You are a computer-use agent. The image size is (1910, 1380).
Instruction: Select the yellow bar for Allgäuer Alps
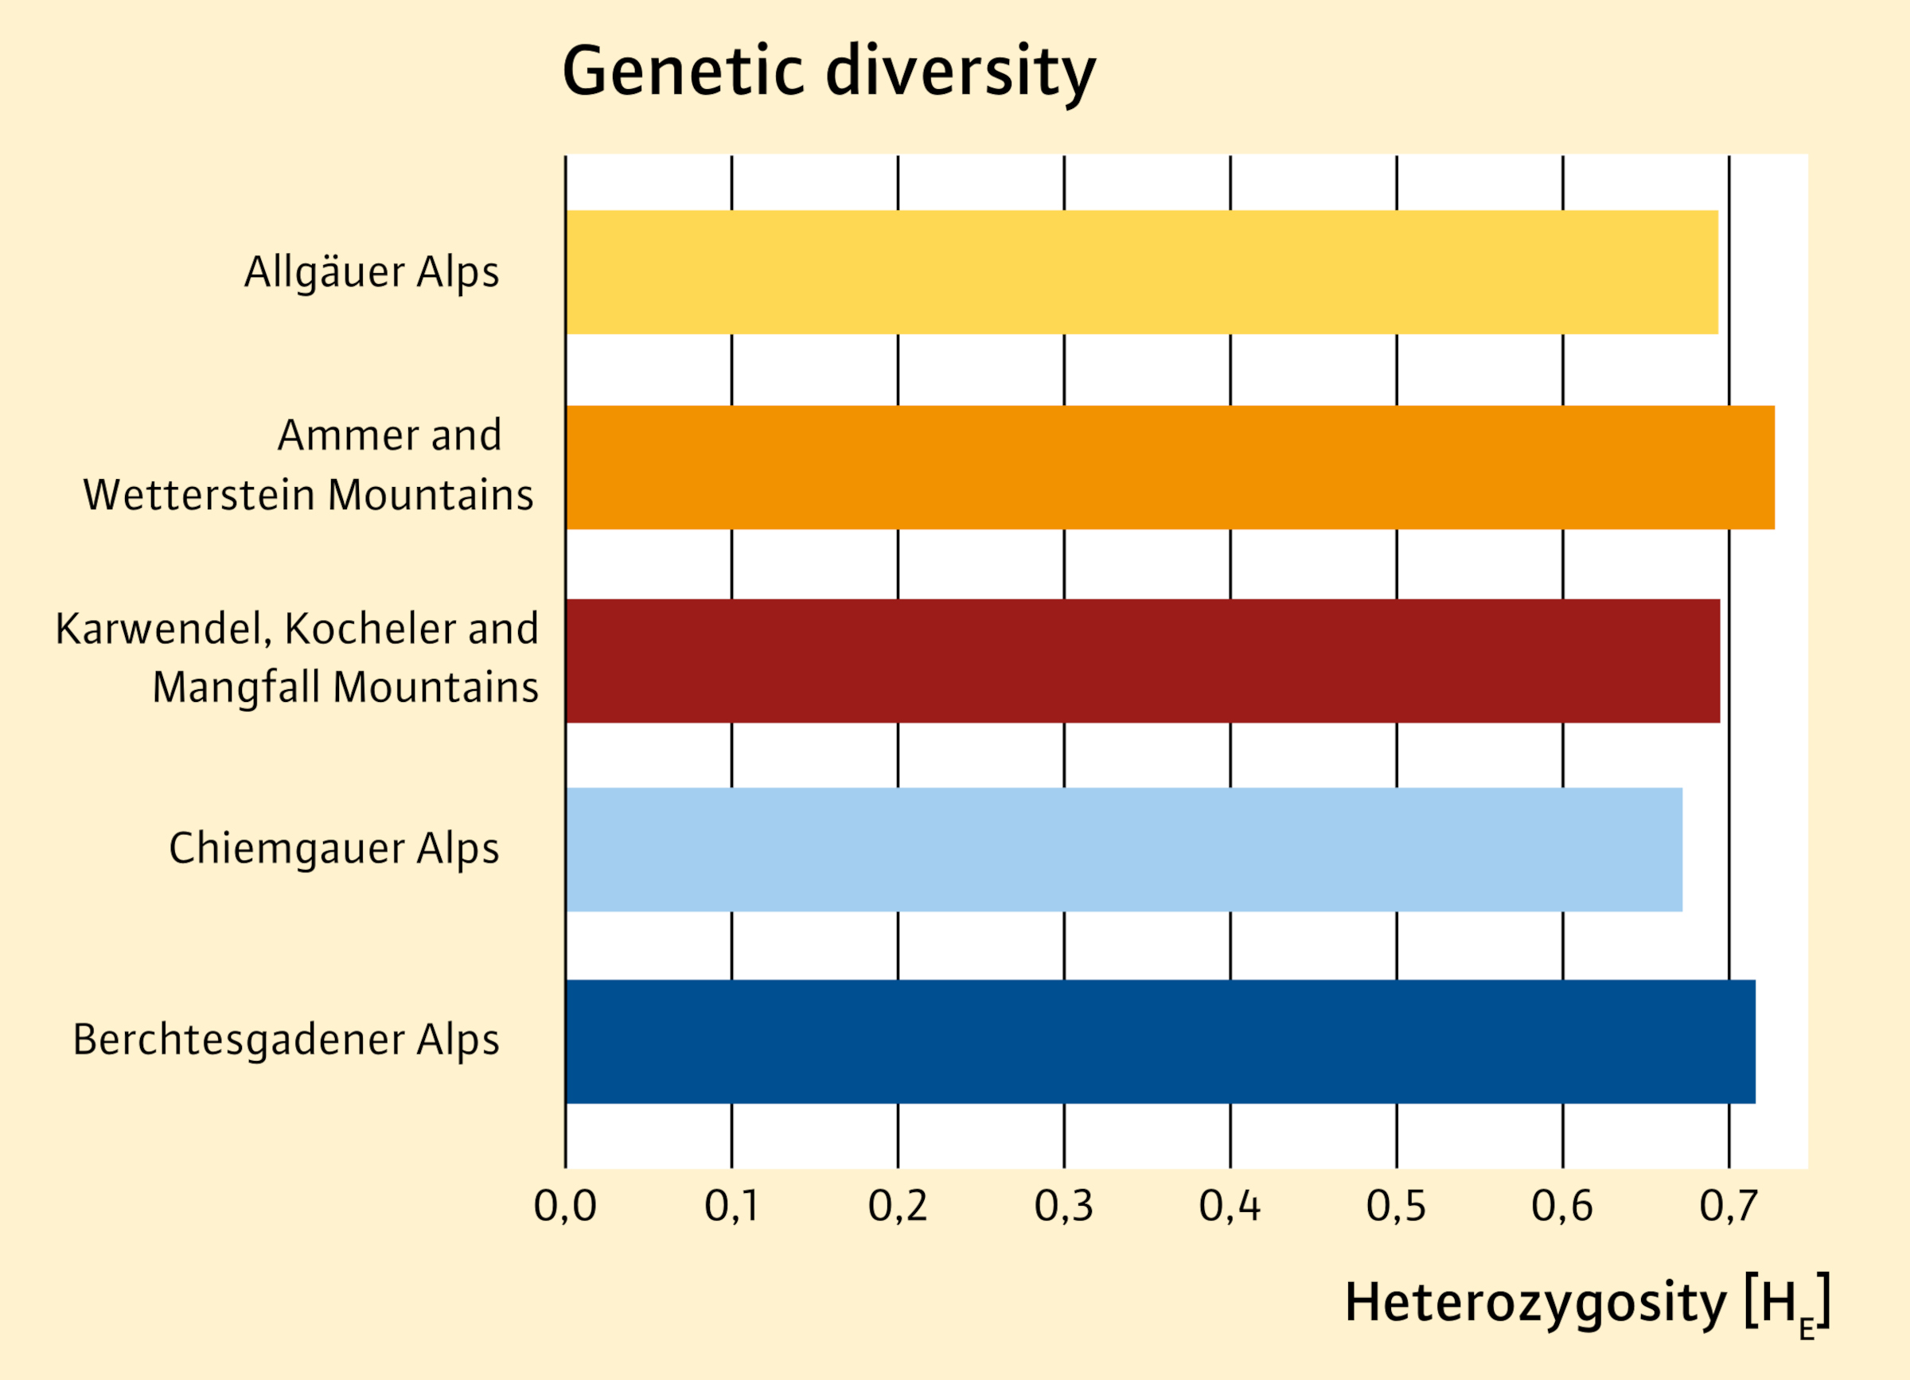(1142, 272)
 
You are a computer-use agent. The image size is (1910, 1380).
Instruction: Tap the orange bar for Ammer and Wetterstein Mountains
(1171, 467)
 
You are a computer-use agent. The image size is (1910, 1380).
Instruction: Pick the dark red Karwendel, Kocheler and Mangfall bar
(1143, 661)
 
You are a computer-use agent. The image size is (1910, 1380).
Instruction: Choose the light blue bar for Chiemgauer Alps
(1125, 849)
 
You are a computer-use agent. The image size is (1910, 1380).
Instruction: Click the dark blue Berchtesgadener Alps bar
(1160, 1042)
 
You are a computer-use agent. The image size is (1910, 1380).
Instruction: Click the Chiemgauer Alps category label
(333, 849)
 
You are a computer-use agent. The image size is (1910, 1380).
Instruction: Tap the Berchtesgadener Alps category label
(286, 1041)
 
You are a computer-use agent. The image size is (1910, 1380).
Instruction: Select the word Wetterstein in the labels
(199, 494)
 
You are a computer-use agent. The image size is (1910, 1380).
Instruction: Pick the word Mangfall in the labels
(237, 688)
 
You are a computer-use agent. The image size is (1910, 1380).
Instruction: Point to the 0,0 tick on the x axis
(565, 1206)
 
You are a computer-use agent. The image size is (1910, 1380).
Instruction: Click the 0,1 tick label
(731, 1206)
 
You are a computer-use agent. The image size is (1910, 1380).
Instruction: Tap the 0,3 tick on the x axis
(1064, 1206)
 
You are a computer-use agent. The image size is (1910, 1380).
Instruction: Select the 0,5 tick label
(1396, 1206)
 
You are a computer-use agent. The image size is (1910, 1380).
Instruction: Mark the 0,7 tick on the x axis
(1728, 1206)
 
